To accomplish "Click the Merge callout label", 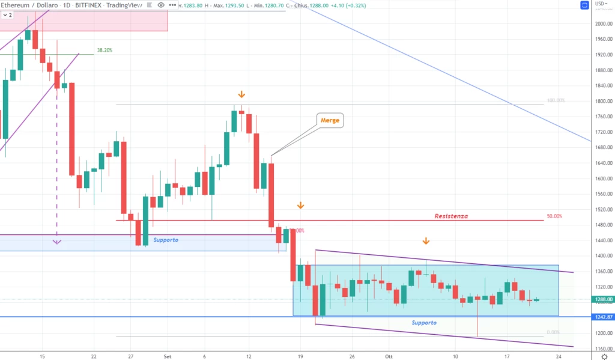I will tap(330, 120).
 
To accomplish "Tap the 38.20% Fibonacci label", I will tap(105, 50).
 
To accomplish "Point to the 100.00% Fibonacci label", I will tap(556, 101).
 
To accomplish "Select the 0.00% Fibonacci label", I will tap(553, 332).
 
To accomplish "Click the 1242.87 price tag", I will tap(602, 317).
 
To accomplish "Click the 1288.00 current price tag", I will tap(602, 299).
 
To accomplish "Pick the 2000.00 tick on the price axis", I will tap(602, 24).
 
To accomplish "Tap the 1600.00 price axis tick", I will tap(602, 178).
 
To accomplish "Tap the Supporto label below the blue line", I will tap(424, 323).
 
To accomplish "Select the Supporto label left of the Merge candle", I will tap(166, 240).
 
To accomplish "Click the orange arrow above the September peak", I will tap(241, 94).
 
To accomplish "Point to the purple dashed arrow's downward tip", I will tap(56, 242).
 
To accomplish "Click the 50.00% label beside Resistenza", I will tap(555, 216).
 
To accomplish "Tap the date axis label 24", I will tap(559, 355).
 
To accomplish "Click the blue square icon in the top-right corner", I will tap(585, 5).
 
